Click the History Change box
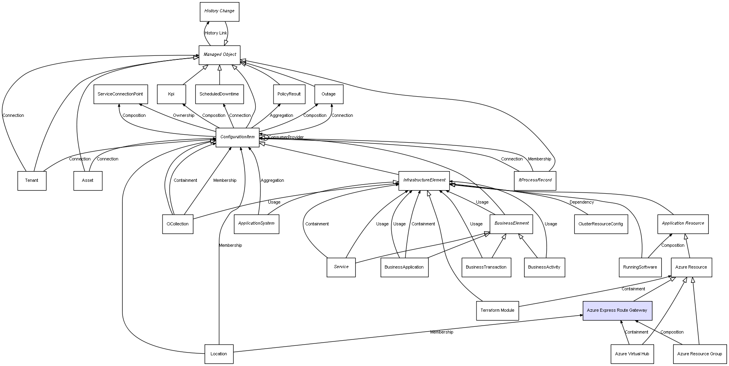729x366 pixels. point(219,11)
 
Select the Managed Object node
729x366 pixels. point(220,55)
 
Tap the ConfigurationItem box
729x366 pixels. point(237,137)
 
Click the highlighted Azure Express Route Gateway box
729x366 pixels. point(617,311)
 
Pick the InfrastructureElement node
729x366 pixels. point(424,181)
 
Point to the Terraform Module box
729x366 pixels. point(497,311)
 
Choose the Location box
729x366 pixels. point(219,354)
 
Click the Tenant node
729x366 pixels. point(32,181)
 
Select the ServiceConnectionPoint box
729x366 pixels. point(121,94)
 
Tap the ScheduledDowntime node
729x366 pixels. point(219,94)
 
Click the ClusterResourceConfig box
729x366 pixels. point(601,224)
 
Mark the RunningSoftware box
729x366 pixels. point(640,267)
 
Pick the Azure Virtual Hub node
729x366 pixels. point(632,354)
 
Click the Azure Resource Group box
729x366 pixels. point(699,354)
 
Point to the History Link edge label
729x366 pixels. point(216,33)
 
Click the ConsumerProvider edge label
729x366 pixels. point(286,137)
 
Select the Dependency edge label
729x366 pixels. point(582,202)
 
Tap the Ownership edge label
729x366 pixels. point(184,116)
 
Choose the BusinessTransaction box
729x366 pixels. point(486,267)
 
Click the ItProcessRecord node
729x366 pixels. point(535,181)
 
